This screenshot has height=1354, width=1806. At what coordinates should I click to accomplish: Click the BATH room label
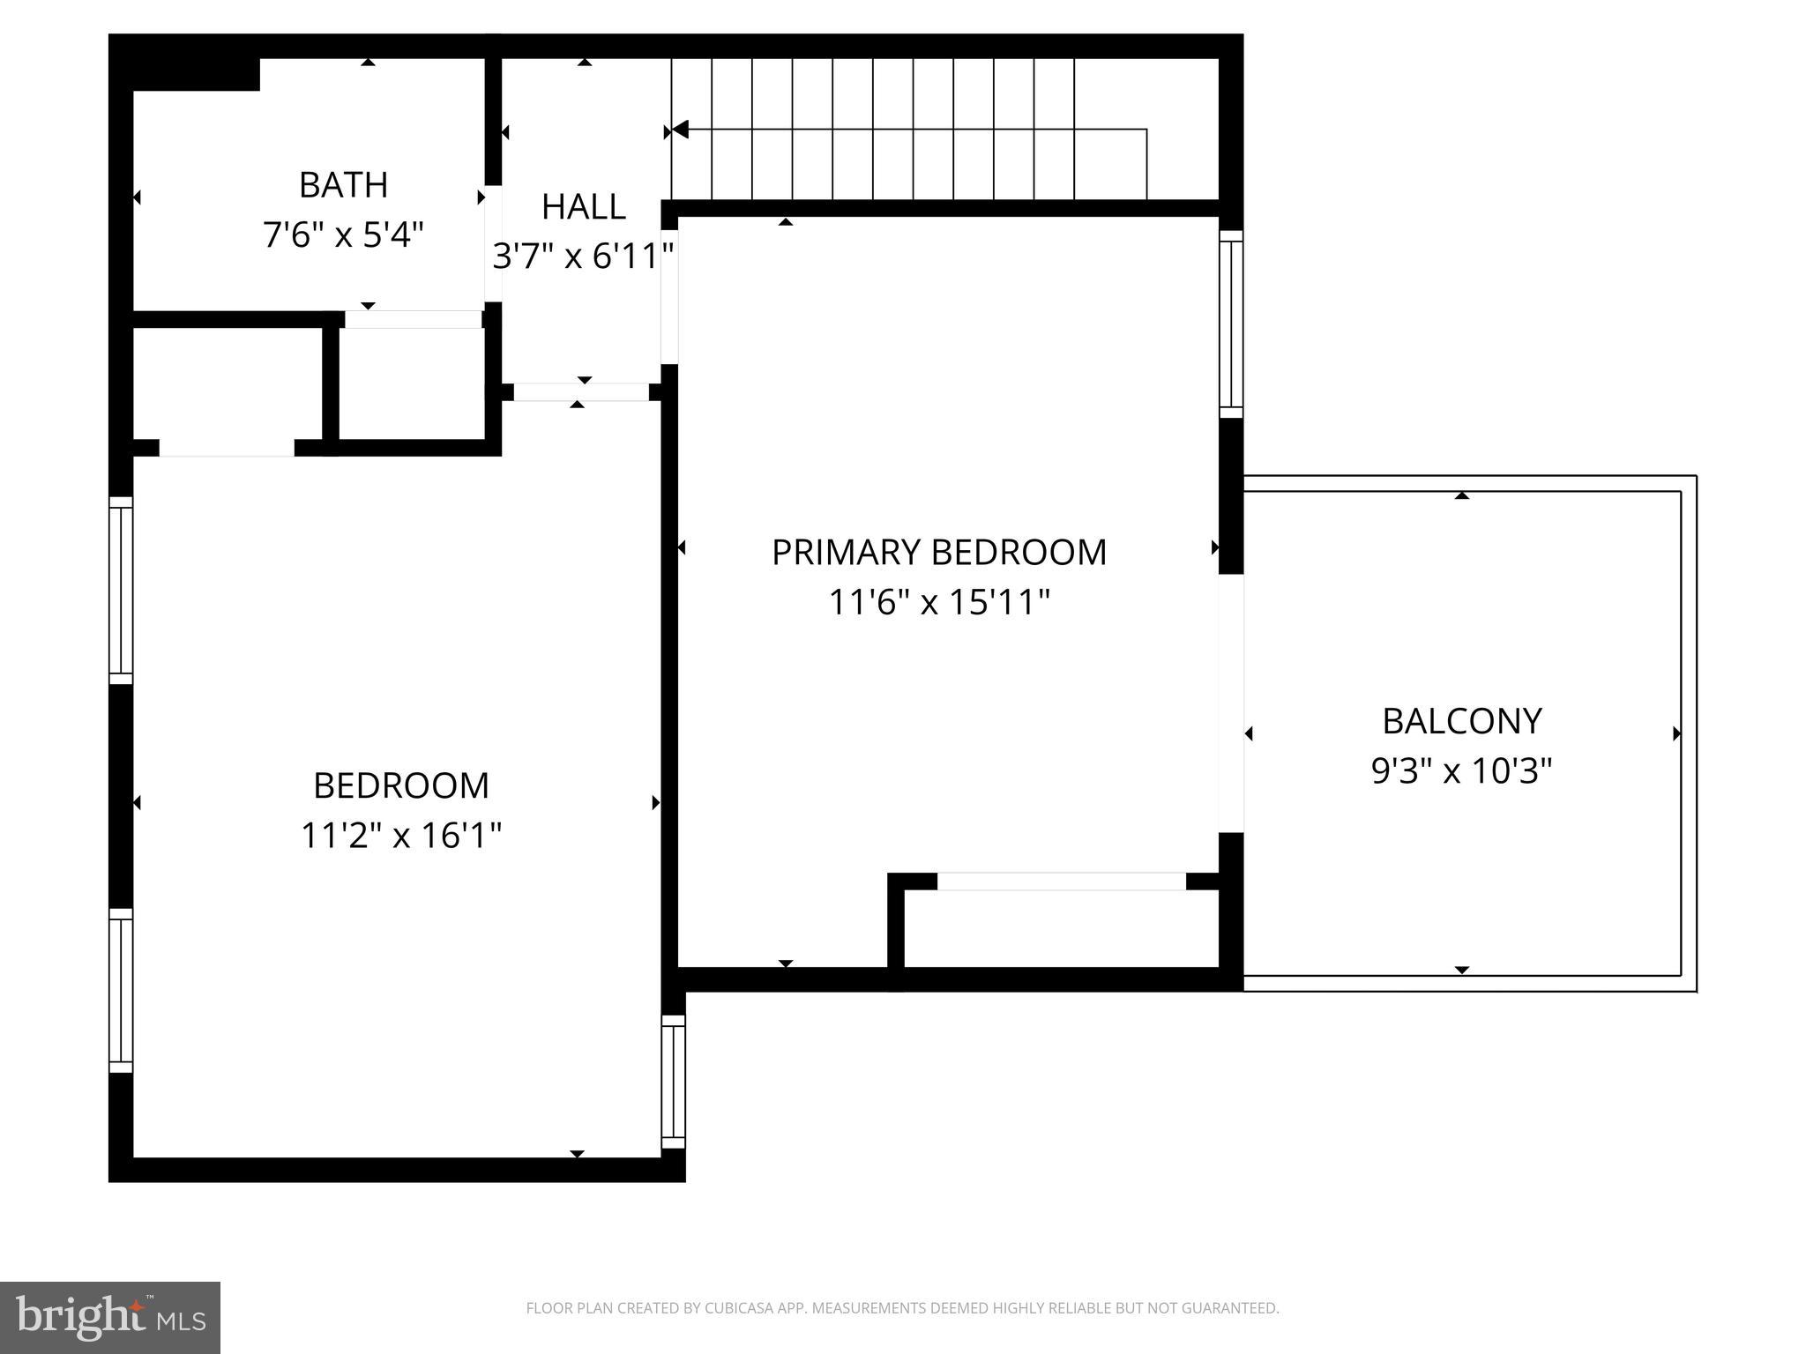point(343,185)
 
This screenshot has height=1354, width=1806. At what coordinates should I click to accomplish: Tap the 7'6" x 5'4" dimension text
point(343,235)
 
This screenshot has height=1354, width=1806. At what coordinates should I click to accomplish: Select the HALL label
point(583,207)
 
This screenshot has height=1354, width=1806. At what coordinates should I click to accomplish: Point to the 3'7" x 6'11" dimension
point(583,257)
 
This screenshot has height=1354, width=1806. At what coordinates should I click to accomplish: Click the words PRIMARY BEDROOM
point(938,553)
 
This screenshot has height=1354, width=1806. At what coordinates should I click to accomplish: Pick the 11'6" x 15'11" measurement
point(938,603)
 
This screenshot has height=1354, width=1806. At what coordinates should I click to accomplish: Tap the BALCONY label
point(1461,721)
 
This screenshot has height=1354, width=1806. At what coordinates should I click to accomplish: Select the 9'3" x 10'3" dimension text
point(1461,771)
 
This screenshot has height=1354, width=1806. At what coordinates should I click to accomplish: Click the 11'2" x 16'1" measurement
point(400,835)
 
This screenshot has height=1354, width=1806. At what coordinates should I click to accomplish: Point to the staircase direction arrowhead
point(679,130)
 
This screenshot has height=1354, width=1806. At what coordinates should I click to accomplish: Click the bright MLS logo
point(110,1317)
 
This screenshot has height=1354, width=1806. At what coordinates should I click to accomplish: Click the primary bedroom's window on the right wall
point(1231,324)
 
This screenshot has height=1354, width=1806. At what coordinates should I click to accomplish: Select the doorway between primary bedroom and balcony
point(1231,703)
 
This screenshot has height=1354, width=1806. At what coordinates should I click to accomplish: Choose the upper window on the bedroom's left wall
point(121,590)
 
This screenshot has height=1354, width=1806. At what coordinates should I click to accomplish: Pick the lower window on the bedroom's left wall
point(121,991)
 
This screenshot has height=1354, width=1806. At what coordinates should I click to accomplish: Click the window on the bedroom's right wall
point(673,1082)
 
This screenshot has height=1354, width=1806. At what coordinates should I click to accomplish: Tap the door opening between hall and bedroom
point(581,392)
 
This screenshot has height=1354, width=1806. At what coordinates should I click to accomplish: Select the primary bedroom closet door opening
point(1061,881)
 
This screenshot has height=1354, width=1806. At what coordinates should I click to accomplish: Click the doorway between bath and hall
point(494,243)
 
